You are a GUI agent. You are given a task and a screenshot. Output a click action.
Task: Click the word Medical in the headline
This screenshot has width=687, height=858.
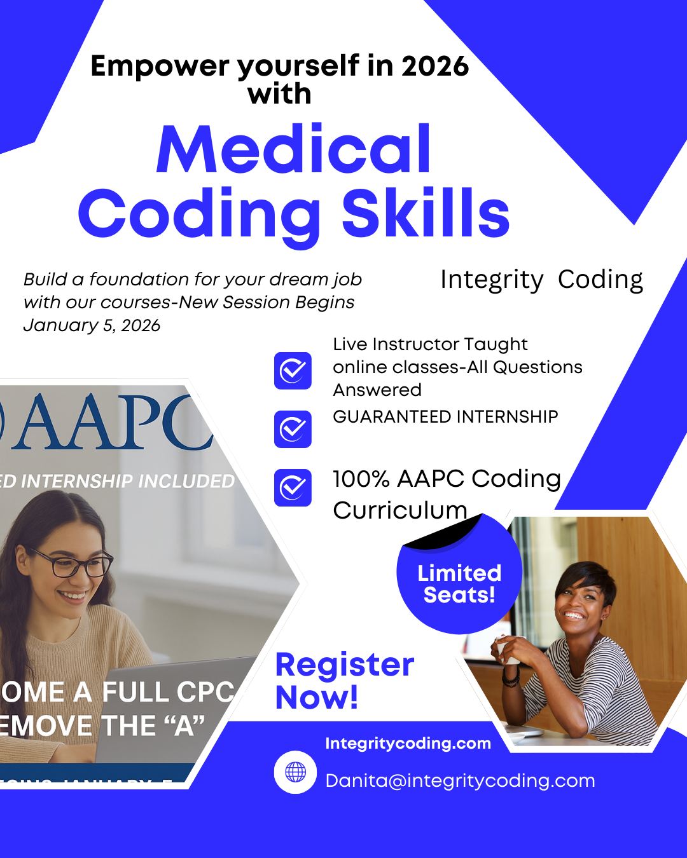click(294, 150)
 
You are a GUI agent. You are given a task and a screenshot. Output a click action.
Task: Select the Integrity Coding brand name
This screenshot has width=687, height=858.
click(541, 280)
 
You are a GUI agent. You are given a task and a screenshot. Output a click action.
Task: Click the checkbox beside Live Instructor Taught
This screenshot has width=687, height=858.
click(293, 371)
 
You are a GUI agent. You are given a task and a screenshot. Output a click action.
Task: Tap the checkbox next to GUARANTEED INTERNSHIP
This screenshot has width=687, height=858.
click(293, 429)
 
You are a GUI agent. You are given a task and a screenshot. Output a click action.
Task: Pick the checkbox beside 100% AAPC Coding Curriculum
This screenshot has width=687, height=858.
click(293, 487)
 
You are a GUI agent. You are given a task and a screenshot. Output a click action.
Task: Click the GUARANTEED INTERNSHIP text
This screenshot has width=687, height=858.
click(445, 417)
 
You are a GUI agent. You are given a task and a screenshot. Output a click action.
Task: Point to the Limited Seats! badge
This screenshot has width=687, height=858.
click(459, 583)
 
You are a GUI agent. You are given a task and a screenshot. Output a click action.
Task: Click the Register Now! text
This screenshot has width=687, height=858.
click(344, 681)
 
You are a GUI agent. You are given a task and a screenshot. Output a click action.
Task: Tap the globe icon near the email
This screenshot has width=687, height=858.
click(295, 772)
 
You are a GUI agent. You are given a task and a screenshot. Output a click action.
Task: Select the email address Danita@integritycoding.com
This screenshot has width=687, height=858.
click(460, 780)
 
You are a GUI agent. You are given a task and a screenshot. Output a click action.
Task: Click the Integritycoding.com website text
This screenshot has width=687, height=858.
click(408, 744)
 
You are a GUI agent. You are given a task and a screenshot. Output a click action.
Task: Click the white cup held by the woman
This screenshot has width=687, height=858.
click(506, 650)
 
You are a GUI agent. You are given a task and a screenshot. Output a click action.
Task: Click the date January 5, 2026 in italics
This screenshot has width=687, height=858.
click(92, 325)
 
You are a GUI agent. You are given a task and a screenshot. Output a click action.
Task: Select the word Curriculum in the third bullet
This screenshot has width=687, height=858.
click(399, 510)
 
